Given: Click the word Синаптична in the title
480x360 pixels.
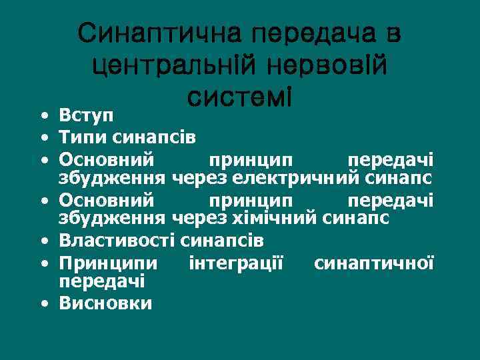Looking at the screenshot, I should (157, 34).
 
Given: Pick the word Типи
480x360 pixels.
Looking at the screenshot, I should (75, 138).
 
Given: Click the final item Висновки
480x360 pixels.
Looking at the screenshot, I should (105, 304).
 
